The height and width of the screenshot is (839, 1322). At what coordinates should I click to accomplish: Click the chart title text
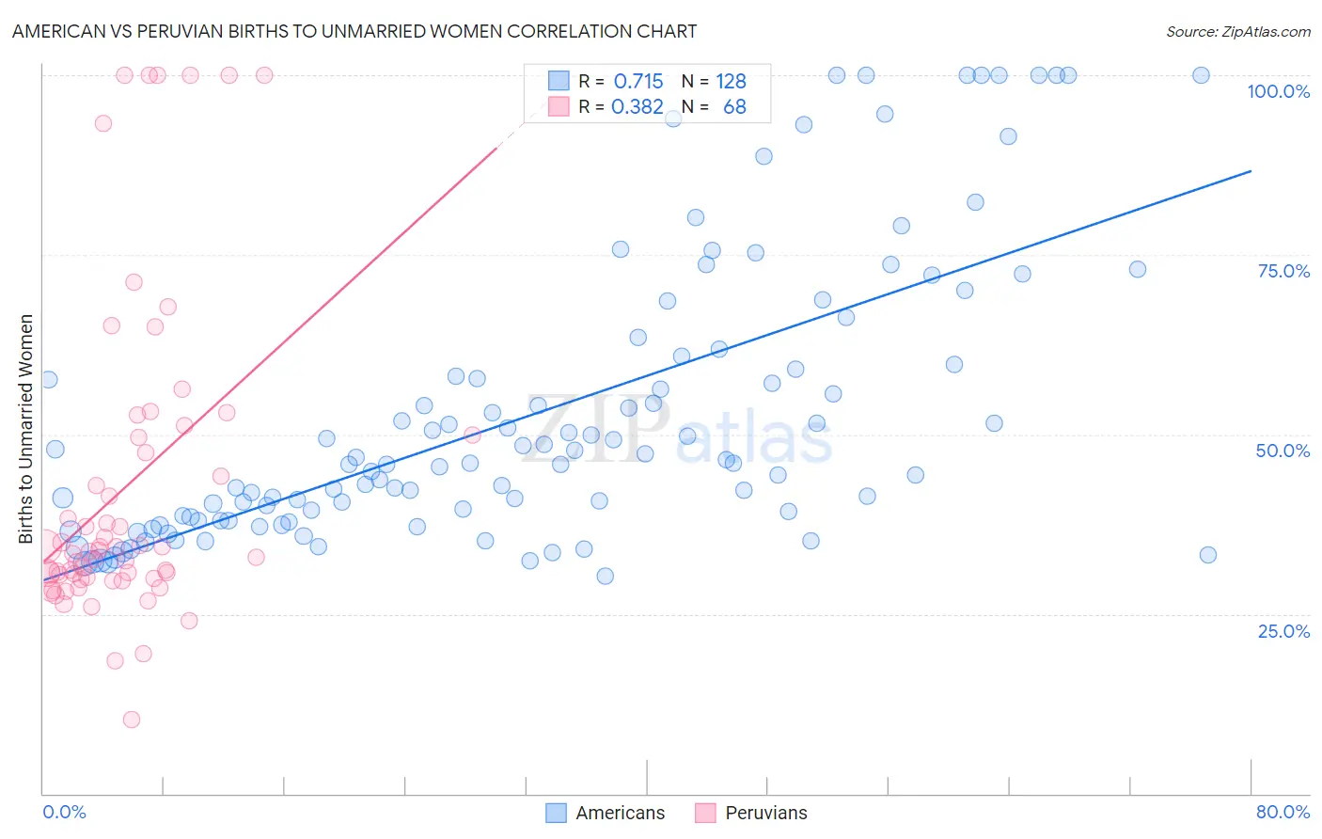click(354, 31)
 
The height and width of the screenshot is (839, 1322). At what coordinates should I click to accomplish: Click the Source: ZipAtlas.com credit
click(1237, 31)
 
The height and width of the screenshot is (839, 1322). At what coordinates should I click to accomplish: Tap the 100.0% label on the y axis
click(1278, 91)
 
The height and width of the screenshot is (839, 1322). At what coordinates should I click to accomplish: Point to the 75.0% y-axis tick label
click(1283, 271)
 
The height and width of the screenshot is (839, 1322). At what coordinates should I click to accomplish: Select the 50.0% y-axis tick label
click(1283, 451)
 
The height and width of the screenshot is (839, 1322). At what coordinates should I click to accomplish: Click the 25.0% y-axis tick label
click(1283, 630)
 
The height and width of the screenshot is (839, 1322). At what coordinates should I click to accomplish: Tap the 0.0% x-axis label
click(64, 812)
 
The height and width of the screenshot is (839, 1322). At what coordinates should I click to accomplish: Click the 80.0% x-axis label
click(1283, 812)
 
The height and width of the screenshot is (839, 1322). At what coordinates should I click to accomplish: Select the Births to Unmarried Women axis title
click(25, 429)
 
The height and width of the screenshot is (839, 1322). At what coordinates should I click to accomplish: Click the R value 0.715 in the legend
click(638, 82)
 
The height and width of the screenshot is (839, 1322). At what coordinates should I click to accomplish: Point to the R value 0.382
click(637, 107)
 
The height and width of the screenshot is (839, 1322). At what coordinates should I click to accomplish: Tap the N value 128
click(731, 82)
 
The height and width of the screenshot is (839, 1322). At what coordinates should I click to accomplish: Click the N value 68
click(734, 107)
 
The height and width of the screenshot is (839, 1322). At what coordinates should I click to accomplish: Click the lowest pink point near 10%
click(132, 720)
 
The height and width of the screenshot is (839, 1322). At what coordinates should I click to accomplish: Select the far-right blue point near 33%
click(1208, 555)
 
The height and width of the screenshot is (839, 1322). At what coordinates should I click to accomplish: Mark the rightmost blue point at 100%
click(1201, 75)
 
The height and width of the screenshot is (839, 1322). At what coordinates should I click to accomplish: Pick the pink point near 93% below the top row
click(103, 123)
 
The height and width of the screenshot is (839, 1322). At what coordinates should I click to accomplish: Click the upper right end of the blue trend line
click(1251, 171)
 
